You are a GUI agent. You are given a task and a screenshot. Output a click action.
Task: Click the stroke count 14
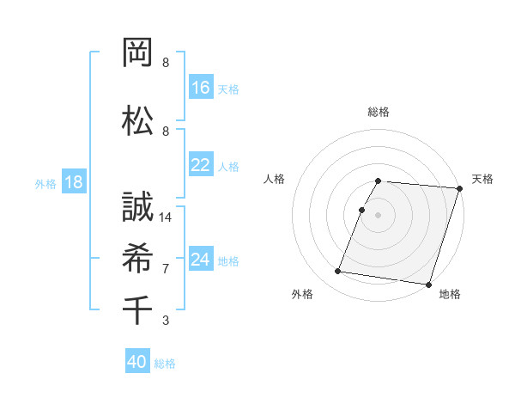[167, 217]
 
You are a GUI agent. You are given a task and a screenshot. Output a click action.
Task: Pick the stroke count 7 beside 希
[166, 269]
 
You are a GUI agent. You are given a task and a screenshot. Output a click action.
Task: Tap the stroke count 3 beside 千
[166, 321]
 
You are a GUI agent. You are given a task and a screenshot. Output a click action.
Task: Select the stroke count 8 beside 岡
[166, 63]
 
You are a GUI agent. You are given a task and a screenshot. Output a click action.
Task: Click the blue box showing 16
[201, 87]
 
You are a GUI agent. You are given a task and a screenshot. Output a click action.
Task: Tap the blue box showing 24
[201, 259]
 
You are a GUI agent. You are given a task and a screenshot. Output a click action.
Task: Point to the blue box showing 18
[73, 183]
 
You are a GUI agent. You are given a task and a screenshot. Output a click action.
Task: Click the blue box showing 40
[137, 362]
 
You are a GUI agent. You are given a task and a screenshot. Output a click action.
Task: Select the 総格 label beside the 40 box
[165, 364]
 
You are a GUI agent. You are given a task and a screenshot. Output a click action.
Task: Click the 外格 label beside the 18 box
[45, 184]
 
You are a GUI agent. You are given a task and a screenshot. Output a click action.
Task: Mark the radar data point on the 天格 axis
[460, 188]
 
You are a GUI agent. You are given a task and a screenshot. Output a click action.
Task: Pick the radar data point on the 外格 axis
[338, 272]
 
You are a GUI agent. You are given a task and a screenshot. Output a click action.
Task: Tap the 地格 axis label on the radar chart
[450, 295]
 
